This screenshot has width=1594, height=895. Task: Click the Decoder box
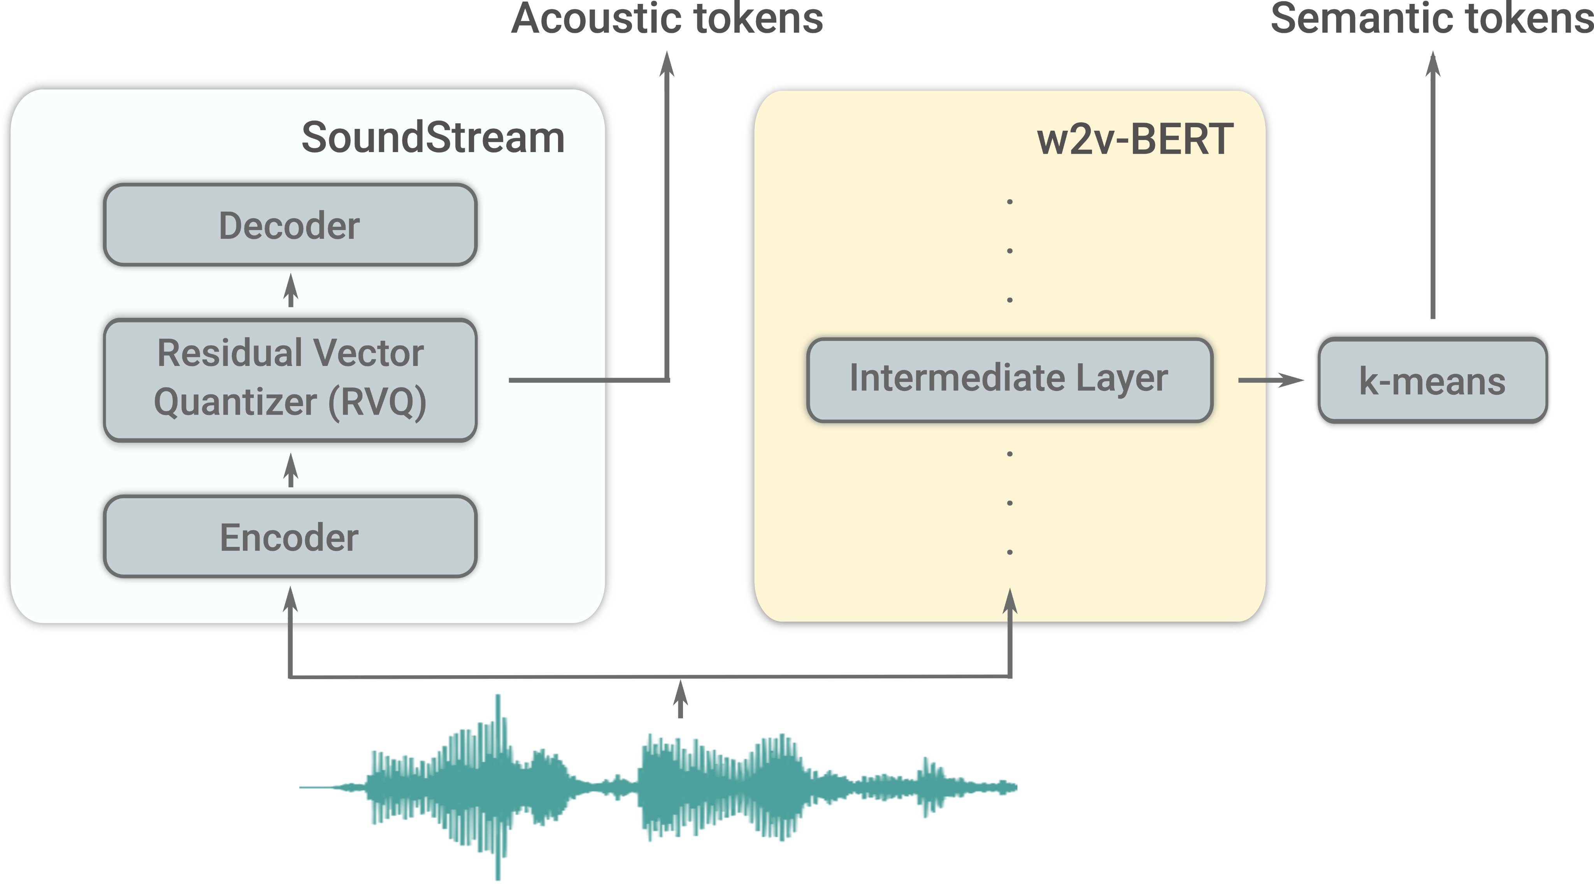pyautogui.click(x=290, y=225)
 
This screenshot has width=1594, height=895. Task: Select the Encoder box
pyautogui.click(x=290, y=537)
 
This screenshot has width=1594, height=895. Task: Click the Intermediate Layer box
pyautogui.click(x=1009, y=380)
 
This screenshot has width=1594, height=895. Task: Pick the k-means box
pyautogui.click(x=1432, y=380)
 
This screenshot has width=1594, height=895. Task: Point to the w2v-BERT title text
pyautogui.click(x=1135, y=139)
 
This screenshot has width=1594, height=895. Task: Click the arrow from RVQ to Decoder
pyautogui.click(x=290, y=291)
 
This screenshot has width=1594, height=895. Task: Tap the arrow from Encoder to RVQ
pyautogui.click(x=290, y=470)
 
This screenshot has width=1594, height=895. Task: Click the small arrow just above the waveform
pyautogui.click(x=680, y=699)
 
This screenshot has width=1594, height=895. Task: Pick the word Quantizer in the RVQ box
pyautogui.click(x=235, y=402)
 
